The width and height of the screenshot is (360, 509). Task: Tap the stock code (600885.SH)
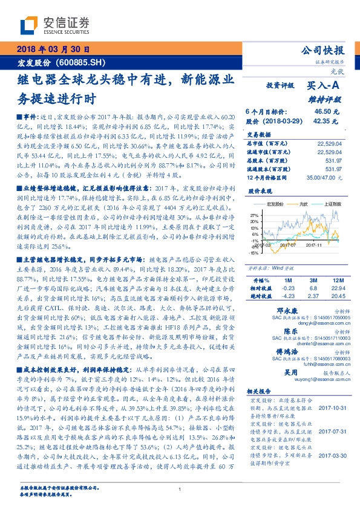click(x=83, y=63)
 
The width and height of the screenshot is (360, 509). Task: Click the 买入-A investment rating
click(x=323, y=87)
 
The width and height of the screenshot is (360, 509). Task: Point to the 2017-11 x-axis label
click(x=315, y=245)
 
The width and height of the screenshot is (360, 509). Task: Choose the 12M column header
click(x=336, y=280)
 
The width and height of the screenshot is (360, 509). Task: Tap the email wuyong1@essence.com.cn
click(x=295, y=380)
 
